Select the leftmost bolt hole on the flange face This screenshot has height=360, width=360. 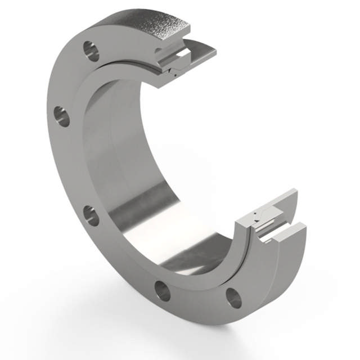pyautogui.click(x=62, y=116)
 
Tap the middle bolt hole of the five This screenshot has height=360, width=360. pyautogui.click(x=91, y=215)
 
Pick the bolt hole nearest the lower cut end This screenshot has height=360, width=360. pyautogui.click(x=233, y=298)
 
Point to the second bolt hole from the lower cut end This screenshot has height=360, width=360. pyautogui.click(x=163, y=290)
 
